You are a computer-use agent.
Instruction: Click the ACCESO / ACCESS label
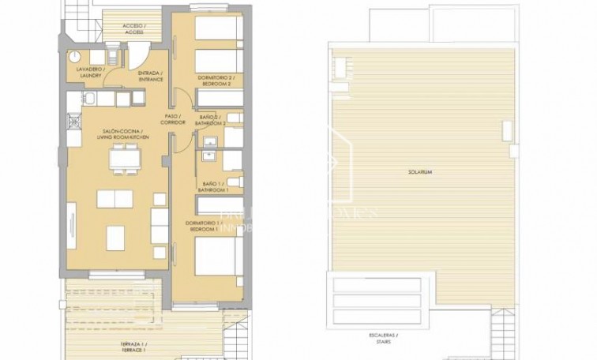(133, 29)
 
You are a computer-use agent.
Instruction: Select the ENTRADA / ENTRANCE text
(150, 77)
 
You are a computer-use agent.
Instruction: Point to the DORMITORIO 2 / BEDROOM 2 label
(212, 80)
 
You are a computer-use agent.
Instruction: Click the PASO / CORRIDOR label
(172, 120)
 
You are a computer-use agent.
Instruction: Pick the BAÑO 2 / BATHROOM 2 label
(212, 120)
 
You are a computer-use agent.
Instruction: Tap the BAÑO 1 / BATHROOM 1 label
(212, 187)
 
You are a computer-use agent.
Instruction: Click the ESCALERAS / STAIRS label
(383, 339)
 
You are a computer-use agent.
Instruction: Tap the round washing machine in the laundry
(75, 57)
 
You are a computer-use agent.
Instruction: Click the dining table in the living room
(122, 162)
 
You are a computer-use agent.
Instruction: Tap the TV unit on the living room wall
(71, 226)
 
